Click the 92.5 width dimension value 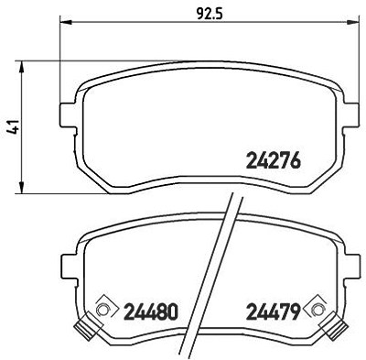click(210, 14)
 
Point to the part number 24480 click(150, 311)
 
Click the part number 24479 click(273, 311)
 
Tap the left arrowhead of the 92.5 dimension click(66, 22)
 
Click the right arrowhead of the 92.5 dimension click(354, 22)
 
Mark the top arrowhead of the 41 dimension click(22, 66)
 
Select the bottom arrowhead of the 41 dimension click(22, 188)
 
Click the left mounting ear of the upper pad click(68, 115)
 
